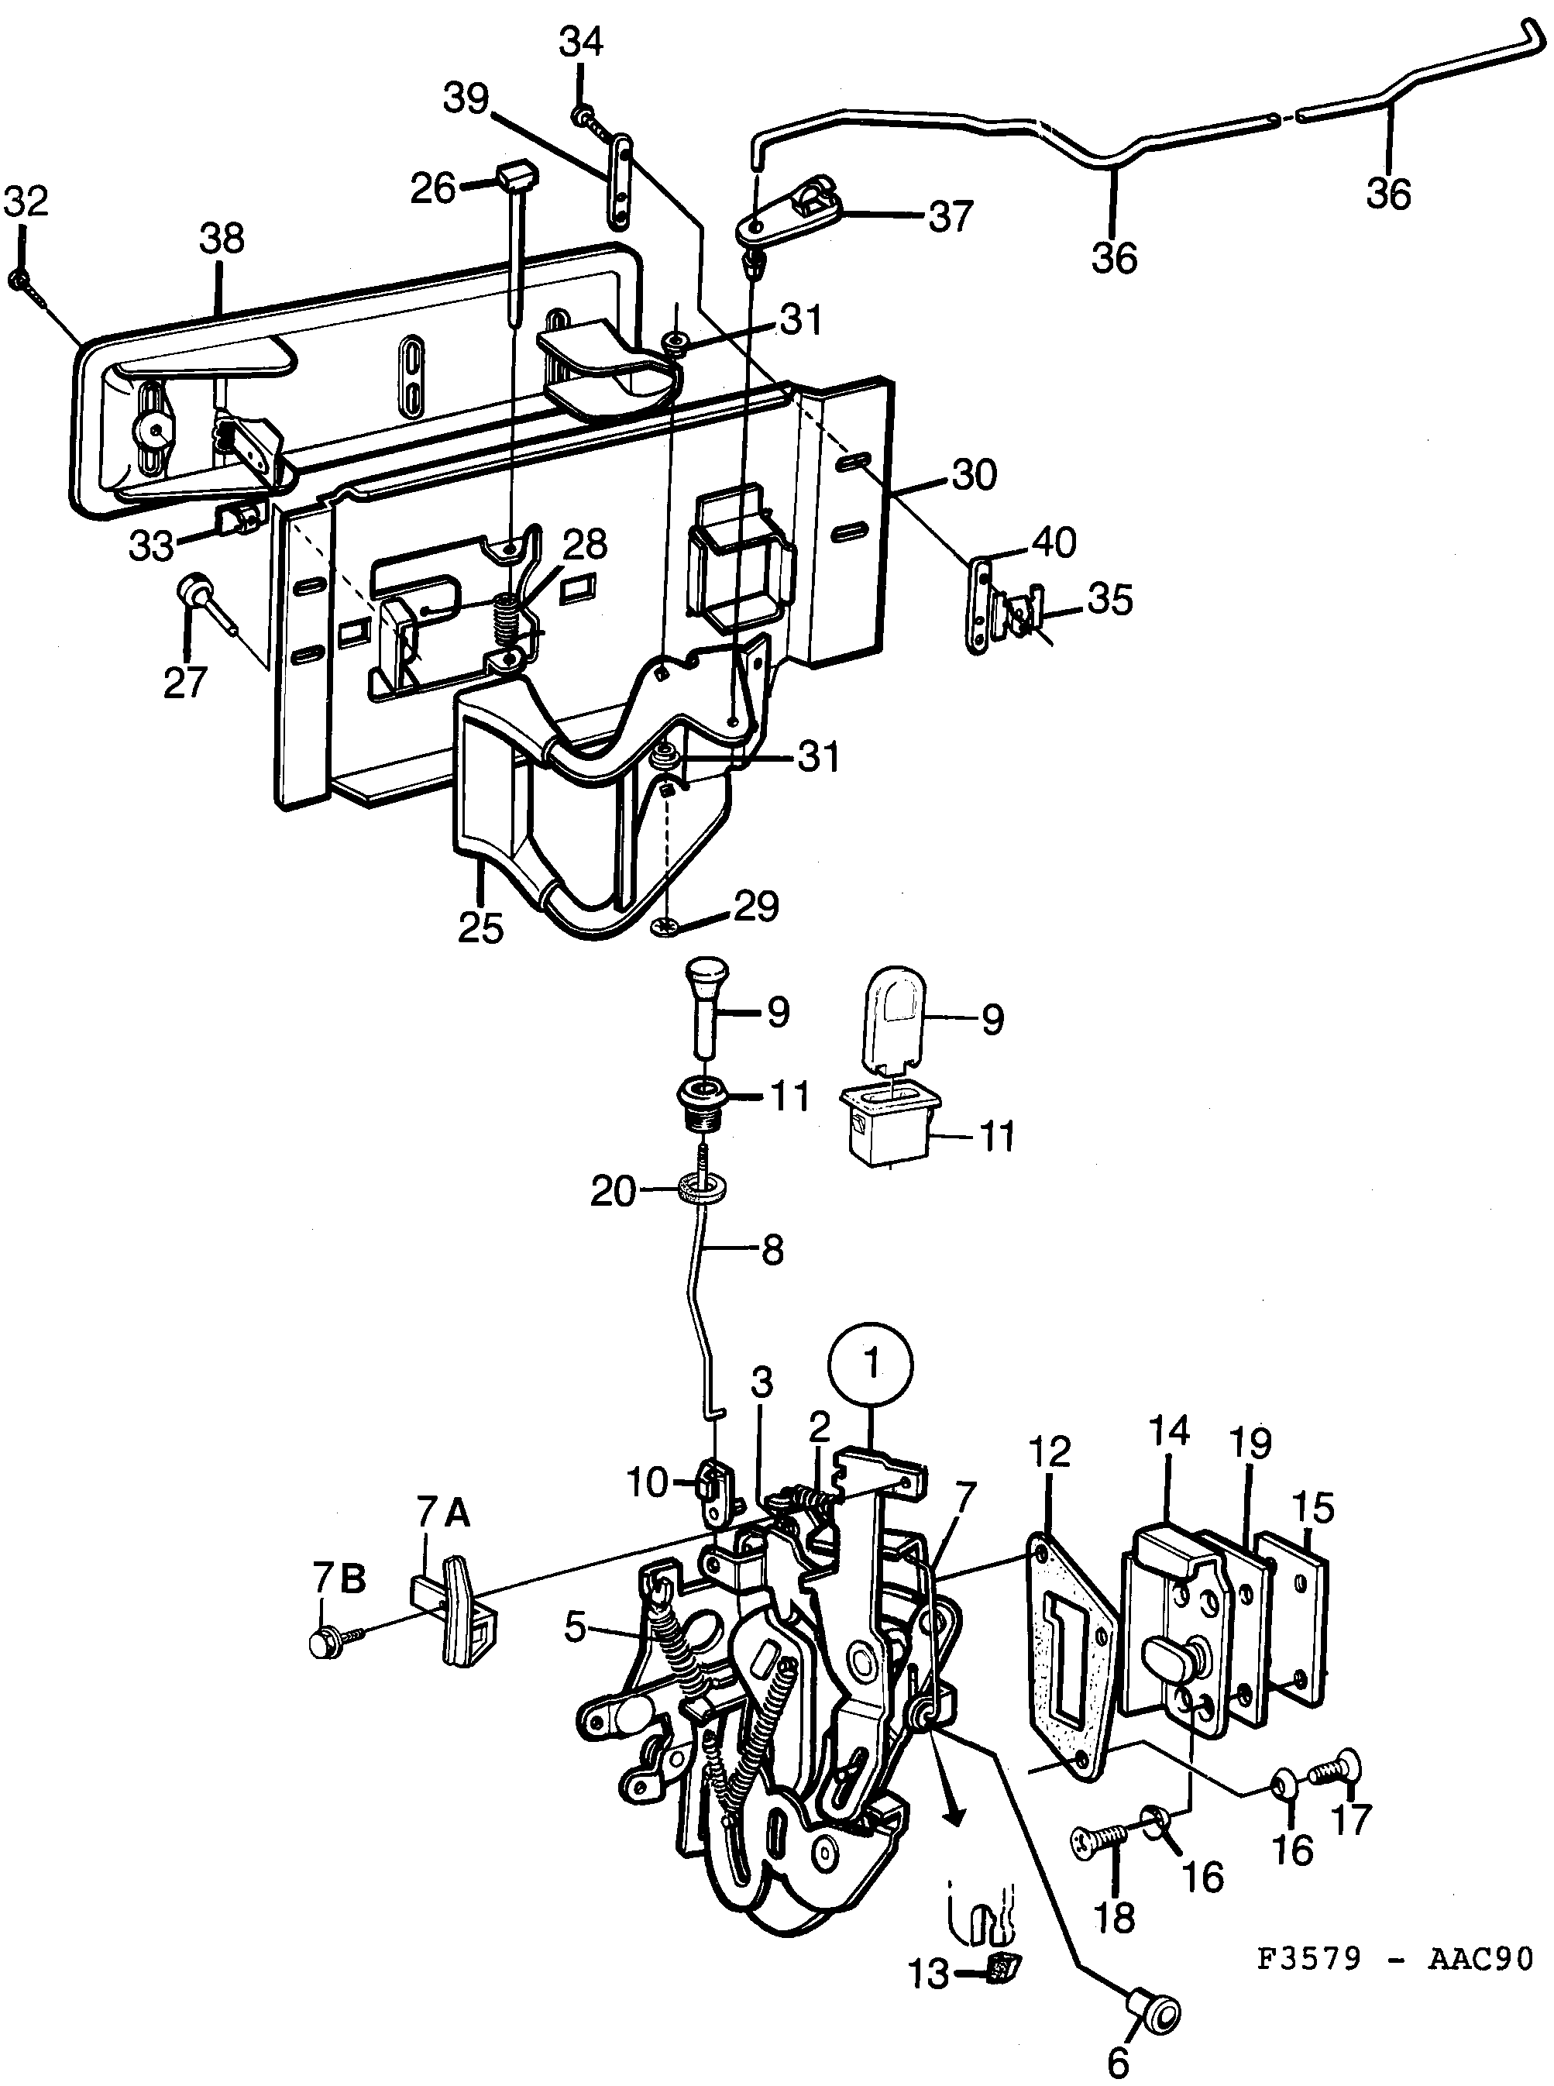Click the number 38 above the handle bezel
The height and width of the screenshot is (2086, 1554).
click(222, 239)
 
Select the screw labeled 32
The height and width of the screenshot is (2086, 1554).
click(19, 281)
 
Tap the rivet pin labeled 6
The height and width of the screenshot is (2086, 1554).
click(1155, 2012)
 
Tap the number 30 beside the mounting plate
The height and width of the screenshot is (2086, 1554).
click(974, 475)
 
